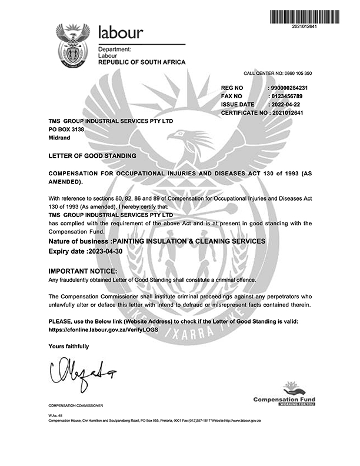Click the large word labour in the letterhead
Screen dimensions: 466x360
point(125,32)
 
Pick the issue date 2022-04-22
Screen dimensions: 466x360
point(284,104)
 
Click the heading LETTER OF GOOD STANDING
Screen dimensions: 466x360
point(92,156)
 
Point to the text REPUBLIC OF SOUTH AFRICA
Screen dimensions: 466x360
point(141,62)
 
